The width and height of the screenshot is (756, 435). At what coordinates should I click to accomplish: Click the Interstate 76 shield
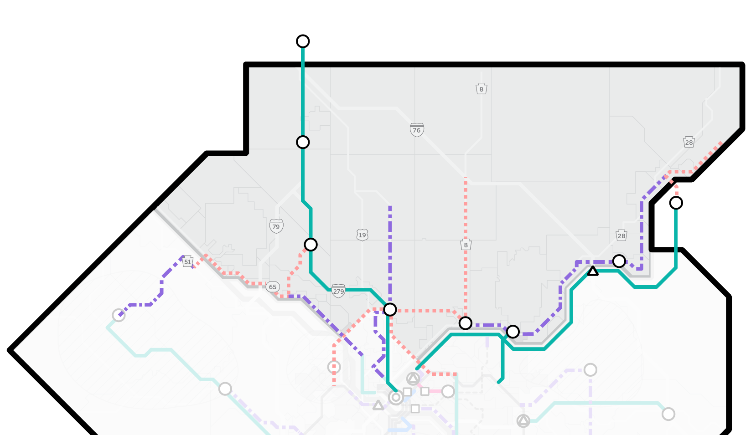click(x=417, y=130)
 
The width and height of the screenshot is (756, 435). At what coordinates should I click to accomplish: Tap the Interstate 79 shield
click(x=276, y=226)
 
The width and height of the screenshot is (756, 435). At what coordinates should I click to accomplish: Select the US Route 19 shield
click(x=362, y=235)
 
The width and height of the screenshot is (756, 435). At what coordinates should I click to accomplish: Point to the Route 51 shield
click(x=187, y=262)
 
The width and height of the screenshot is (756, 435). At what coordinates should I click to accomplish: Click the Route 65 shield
click(x=272, y=287)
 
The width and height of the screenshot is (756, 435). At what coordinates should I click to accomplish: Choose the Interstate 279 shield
click(x=338, y=291)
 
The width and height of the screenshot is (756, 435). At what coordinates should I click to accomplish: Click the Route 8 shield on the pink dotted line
click(x=466, y=245)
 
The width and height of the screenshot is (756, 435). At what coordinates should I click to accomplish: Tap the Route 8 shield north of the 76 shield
click(x=481, y=89)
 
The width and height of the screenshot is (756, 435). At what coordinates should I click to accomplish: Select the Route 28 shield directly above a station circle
click(x=621, y=235)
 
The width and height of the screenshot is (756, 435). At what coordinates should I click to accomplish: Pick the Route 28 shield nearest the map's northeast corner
click(x=689, y=142)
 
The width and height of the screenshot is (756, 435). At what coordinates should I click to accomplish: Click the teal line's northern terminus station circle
click(x=303, y=41)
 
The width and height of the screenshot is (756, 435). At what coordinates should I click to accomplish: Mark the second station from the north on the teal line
click(x=303, y=142)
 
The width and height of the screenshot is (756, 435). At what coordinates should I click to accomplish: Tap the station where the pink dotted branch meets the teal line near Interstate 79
click(x=311, y=245)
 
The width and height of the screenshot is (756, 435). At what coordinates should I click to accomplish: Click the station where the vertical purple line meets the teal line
click(x=390, y=310)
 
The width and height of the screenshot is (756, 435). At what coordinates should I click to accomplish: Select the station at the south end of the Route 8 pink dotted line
click(x=465, y=323)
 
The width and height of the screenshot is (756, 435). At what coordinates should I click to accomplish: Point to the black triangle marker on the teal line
click(x=592, y=272)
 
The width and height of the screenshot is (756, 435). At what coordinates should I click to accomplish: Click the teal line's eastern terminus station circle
click(x=676, y=203)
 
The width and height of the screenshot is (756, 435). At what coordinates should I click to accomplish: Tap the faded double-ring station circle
click(x=396, y=398)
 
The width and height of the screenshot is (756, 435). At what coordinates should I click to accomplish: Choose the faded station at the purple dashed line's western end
click(x=119, y=315)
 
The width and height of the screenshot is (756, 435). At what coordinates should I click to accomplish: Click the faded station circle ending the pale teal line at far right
click(x=668, y=414)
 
